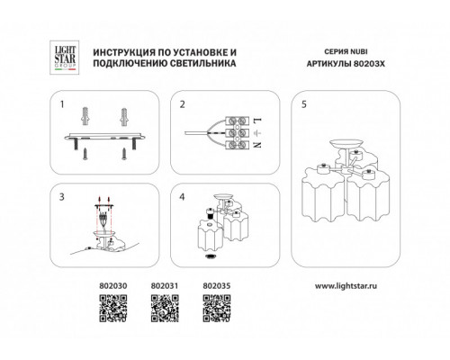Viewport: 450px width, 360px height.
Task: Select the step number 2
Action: click(183, 104)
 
